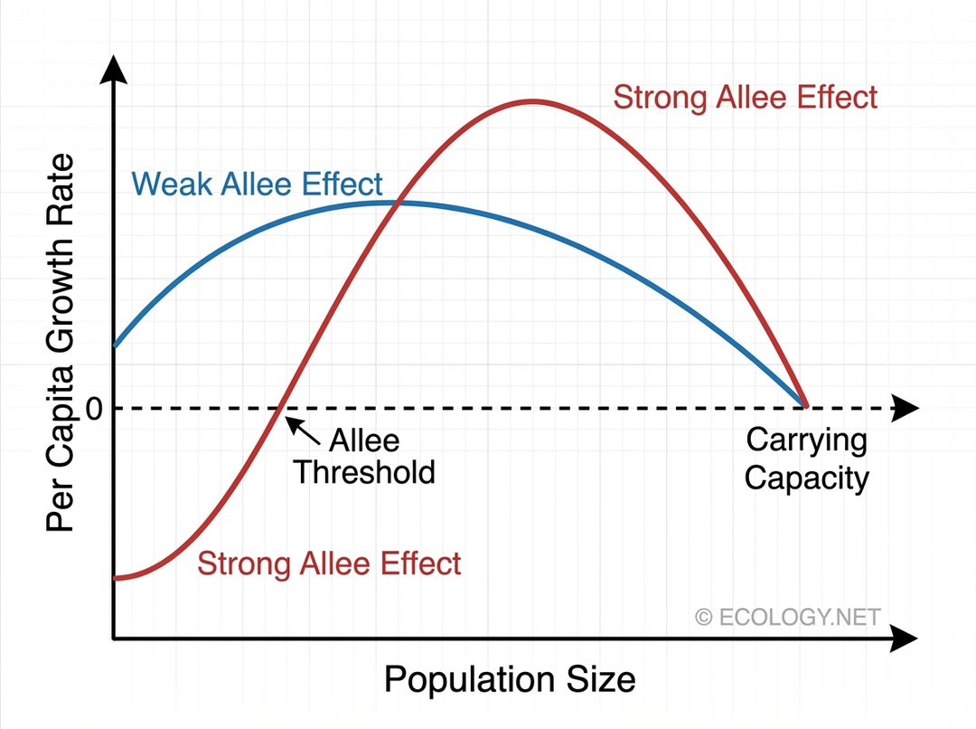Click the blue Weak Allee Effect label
point(258,185)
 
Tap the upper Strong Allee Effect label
point(745,97)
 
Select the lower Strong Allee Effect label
point(329,563)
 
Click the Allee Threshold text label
point(364,457)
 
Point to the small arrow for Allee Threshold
point(308,433)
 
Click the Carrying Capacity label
point(806,459)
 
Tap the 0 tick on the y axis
point(94,409)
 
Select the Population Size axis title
point(510,678)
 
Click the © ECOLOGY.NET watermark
point(787,617)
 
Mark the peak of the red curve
point(533,100)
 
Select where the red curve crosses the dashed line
point(283,408)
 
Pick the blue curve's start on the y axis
point(114,346)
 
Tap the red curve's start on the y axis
point(115,577)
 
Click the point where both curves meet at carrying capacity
point(804,407)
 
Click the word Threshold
point(364,472)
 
